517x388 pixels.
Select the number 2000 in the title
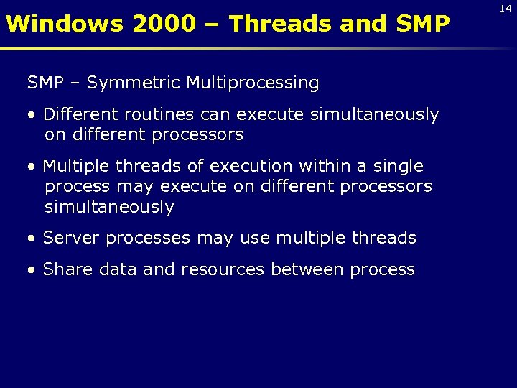(x=164, y=24)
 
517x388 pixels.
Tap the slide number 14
(x=506, y=8)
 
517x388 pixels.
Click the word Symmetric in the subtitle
(x=134, y=83)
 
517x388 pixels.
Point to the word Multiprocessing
(x=253, y=83)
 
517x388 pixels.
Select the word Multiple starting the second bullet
(x=73, y=166)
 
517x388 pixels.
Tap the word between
(x=308, y=269)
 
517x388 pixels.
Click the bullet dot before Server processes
(x=32, y=239)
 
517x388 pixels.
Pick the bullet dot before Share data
(x=32, y=270)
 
